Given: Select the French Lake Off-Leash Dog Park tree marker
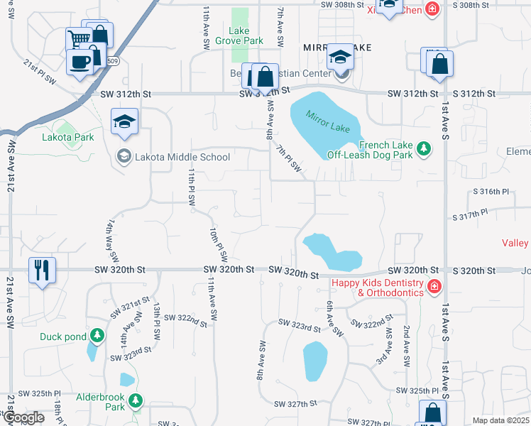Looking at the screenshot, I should (424, 148).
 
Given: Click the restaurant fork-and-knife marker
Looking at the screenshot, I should (41, 270).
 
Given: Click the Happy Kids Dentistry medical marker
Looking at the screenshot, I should (433, 287).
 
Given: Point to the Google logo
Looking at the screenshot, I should (23, 417).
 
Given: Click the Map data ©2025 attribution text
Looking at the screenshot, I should (500, 420).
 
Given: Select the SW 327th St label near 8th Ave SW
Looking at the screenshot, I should (297, 403).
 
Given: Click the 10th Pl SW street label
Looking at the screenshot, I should (217, 243).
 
